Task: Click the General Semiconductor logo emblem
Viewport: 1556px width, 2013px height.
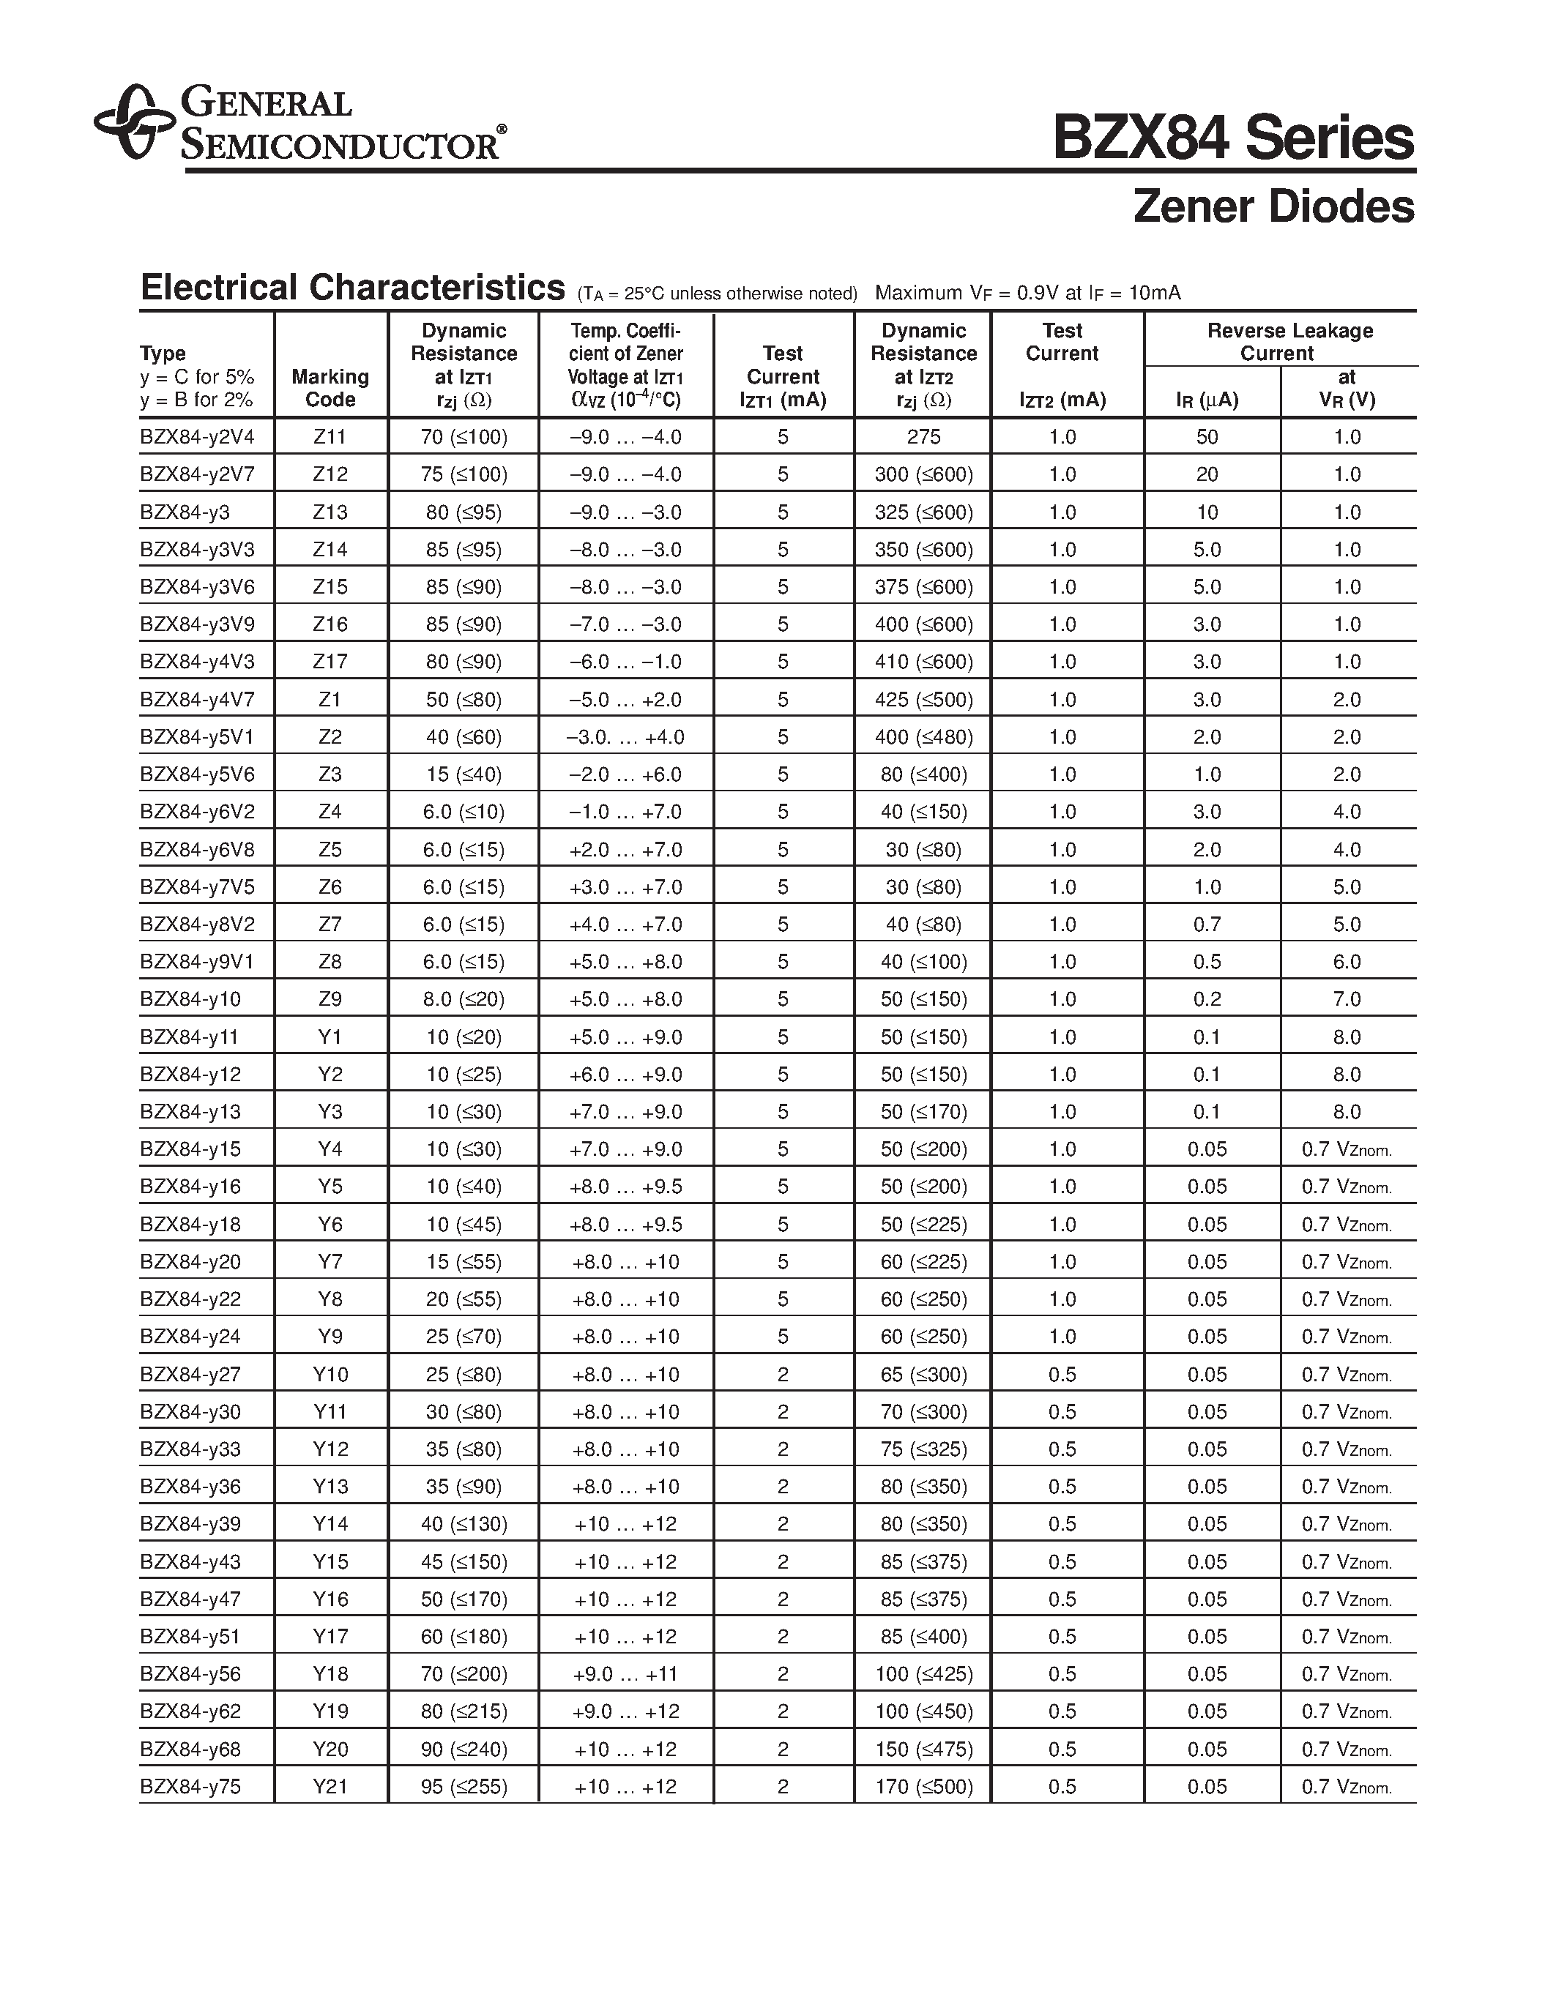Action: click(135, 122)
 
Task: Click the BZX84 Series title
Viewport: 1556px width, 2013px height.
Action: click(1232, 139)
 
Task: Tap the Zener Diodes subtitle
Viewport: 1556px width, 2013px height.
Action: click(1273, 206)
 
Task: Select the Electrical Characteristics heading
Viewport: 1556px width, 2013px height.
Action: click(352, 288)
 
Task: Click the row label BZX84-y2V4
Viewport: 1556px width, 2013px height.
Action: click(196, 437)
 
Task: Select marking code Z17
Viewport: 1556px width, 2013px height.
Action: click(330, 662)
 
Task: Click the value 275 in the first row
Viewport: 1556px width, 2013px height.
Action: click(923, 437)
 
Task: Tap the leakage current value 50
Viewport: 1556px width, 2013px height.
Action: click(1207, 437)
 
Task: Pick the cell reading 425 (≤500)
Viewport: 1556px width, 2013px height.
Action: click(923, 700)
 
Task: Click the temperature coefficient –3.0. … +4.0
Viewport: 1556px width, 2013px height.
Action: click(625, 737)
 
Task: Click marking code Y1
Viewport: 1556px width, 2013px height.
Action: click(330, 1037)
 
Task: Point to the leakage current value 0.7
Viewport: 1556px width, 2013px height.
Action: click(1207, 925)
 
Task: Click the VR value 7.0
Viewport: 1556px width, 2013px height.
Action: click(1346, 999)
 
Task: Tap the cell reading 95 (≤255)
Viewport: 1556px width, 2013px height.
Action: click(464, 1786)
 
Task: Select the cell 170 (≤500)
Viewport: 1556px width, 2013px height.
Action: click(923, 1786)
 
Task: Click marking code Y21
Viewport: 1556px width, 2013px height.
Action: click(330, 1786)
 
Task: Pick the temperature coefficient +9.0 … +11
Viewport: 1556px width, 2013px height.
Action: click(625, 1674)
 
